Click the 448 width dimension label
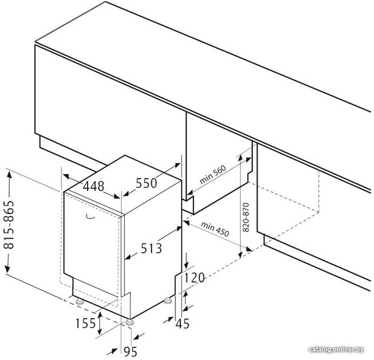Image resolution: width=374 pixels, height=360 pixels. point(93,186)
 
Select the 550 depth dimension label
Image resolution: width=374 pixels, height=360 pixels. point(146,183)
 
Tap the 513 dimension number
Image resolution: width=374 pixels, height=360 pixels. point(151,248)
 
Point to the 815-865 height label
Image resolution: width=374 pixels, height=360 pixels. point(10,225)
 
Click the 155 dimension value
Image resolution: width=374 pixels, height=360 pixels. point(86,323)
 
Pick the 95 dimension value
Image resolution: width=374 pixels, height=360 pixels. point(131,351)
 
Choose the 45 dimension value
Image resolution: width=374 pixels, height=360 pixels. point(182,324)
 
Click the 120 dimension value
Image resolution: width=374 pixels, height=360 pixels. point(194,278)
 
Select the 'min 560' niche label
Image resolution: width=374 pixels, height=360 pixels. point(212,175)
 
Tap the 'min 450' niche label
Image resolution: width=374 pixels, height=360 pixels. point(215,228)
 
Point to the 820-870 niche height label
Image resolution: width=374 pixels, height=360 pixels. point(246,217)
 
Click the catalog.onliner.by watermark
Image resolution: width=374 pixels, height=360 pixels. point(336,350)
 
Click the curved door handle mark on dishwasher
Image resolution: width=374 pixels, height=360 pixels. point(90,216)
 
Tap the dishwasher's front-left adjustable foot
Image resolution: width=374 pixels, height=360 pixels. point(79,301)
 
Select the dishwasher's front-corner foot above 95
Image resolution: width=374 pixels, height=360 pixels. point(129,322)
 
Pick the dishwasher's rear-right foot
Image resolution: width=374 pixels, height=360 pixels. point(168,300)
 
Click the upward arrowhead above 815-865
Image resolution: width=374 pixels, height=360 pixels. point(9,175)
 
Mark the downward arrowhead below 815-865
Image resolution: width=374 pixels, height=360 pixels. point(8,269)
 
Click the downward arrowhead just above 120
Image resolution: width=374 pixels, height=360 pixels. point(186,265)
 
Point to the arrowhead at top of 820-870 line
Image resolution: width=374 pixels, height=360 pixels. point(241,158)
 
